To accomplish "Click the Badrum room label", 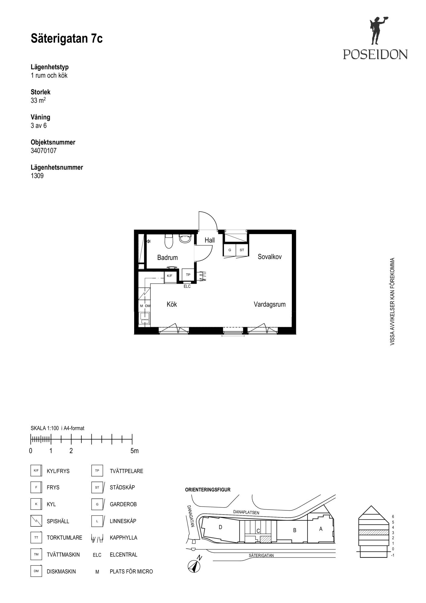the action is pos(167,257).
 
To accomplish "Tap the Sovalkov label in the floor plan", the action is pos(270,257).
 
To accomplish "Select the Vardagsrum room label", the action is pos(270,305).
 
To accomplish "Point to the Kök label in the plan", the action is pos(172,304).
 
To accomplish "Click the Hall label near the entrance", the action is pos(210,240).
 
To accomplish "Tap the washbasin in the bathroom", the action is pos(185,238).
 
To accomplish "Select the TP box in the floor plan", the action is pos(188,275).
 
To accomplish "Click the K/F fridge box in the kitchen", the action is pos(170,276).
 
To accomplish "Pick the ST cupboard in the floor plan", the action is pos(242,250).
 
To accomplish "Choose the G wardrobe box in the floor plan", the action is pos(230,250).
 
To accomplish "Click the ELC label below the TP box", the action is pos(187,286).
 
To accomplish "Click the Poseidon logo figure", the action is pos(377,31).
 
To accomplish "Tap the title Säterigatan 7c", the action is pos(67,39).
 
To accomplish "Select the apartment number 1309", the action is pos(37,176).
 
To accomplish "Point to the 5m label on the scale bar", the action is pos(134,451).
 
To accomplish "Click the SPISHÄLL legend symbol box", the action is pos(36,521).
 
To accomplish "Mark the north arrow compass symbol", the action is pos(194,565).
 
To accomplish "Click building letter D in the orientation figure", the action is pos(220,527).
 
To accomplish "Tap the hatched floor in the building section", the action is pos(373,532).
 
